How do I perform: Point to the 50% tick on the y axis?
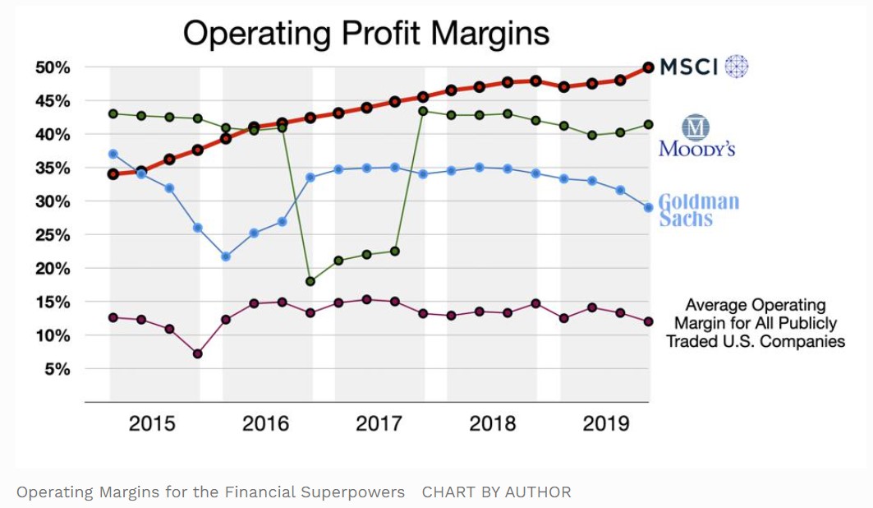pos(53,67)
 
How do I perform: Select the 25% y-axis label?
pos(53,235)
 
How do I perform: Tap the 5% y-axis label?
pos(57,370)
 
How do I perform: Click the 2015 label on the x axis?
pos(152,423)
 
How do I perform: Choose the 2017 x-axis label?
pos(379,423)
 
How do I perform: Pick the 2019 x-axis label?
pos(605,423)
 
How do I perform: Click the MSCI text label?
pos(690,67)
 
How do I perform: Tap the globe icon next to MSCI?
pos(737,67)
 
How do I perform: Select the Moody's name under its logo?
pos(696,150)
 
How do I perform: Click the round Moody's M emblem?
pos(696,127)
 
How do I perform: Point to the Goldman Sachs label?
pos(699,210)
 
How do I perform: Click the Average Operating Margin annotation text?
pos(755,323)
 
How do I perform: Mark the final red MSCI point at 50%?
pos(648,67)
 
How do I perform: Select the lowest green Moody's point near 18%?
pos(310,281)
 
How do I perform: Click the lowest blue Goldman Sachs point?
pos(226,256)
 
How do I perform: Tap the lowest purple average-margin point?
pos(197,354)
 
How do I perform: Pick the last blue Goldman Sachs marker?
pos(648,208)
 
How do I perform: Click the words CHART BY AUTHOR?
pos(496,492)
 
